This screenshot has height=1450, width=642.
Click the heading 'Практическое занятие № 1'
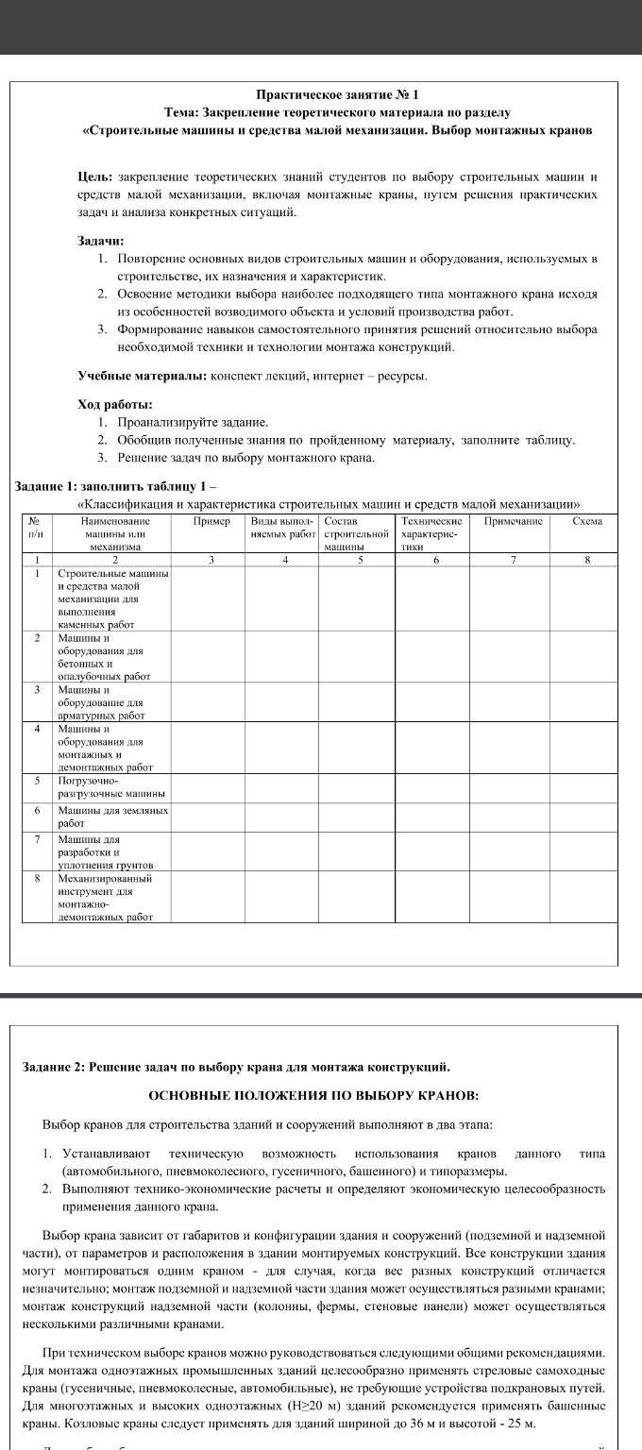337,95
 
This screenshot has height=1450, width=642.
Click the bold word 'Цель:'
94,177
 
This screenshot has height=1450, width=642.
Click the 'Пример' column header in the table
211,520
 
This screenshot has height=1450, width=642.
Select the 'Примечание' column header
513,520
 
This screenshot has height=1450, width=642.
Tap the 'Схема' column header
587,520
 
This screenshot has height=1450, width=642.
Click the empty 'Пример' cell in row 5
211,787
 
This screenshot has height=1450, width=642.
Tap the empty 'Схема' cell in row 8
587,896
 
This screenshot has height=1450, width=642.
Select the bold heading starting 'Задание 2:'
236,1067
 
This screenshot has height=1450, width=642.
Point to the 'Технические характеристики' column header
431,532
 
